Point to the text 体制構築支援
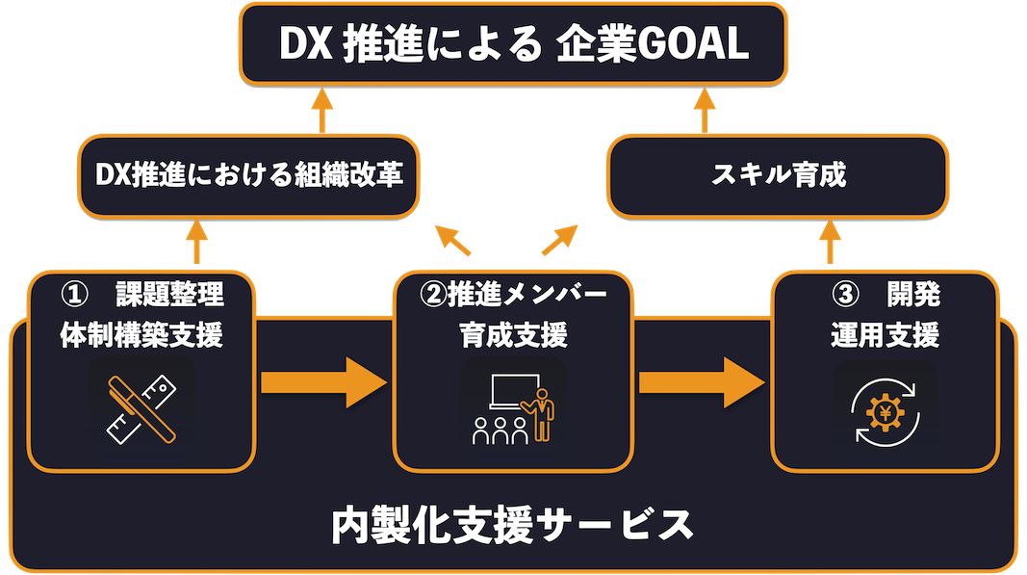pyautogui.click(x=141, y=335)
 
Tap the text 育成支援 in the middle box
pyautogui.click(x=514, y=335)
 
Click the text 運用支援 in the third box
pyautogui.click(x=885, y=335)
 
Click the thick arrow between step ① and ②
pyautogui.click(x=322, y=381)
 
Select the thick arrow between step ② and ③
pyautogui.click(x=701, y=381)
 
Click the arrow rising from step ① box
pyautogui.click(x=196, y=241)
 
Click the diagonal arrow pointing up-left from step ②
pyautogui.click(x=452, y=239)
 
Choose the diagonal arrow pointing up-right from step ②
pyautogui.click(x=560, y=239)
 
